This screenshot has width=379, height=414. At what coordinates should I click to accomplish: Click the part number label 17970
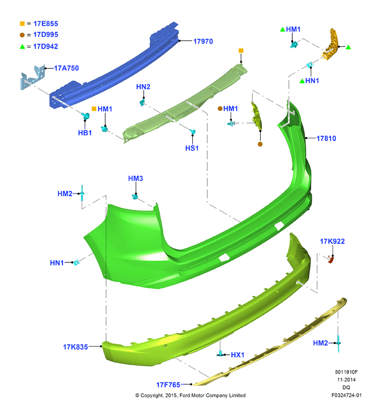[203, 41]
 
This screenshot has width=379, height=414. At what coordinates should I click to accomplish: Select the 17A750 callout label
[66, 68]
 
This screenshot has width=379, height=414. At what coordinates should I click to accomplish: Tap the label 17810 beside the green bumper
[326, 138]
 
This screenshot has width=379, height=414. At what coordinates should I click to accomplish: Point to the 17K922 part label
[332, 241]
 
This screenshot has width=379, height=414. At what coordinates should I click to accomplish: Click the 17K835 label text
[75, 347]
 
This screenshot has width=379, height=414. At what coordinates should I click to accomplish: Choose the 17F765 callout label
[168, 385]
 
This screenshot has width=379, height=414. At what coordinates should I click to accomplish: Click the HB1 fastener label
[85, 133]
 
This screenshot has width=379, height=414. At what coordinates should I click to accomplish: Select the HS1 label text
[192, 148]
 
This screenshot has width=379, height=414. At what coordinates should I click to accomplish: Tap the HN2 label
[143, 87]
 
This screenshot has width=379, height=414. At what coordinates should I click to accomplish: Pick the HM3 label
[136, 179]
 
